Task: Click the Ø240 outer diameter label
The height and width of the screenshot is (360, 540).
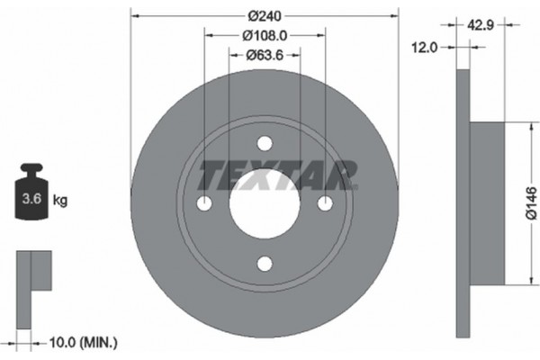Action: [265, 15]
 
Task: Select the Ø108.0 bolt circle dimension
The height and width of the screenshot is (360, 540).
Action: [265, 36]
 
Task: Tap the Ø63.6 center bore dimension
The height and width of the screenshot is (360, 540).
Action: [265, 56]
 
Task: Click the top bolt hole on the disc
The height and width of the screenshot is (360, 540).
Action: [264, 144]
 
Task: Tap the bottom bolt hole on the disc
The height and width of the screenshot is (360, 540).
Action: [264, 264]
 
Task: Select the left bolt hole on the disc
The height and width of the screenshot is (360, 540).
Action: [204, 203]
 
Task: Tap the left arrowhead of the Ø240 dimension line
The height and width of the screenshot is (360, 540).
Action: [135, 15]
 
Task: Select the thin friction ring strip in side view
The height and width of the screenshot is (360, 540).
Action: [463, 202]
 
